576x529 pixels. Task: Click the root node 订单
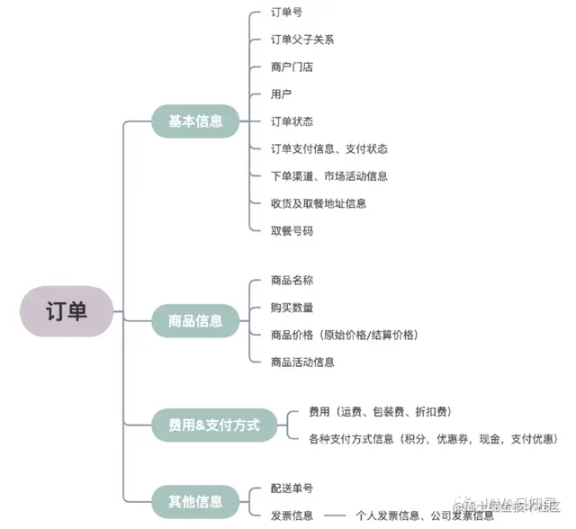click(67, 312)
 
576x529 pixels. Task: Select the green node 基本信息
click(195, 121)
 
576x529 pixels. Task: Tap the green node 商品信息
click(195, 319)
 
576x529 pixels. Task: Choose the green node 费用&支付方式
click(214, 425)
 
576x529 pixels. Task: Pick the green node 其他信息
click(195, 501)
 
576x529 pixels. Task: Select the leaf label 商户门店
click(292, 67)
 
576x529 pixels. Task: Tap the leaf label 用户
click(281, 94)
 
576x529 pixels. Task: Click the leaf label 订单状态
click(292, 121)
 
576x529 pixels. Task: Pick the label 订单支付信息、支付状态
click(329, 148)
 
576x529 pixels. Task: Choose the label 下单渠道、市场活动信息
click(329, 176)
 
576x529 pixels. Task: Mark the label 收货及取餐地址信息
click(319, 203)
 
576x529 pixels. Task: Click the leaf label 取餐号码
click(292, 230)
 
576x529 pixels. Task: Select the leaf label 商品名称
click(292, 280)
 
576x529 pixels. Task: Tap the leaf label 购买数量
click(292, 307)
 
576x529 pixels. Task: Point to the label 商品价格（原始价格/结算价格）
click(345, 335)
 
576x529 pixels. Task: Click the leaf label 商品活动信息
click(302, 362)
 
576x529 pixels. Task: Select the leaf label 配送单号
click(292, 488)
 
